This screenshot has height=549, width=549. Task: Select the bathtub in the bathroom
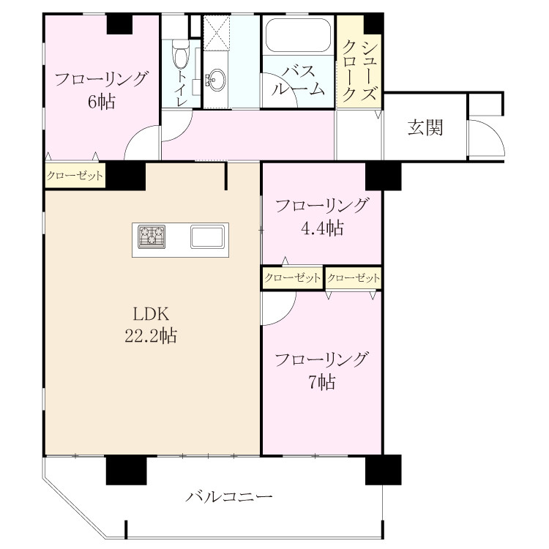pos(298,35)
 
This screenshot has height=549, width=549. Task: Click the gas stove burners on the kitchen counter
pos(152,236)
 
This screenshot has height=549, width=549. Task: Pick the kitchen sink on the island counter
pos(208,236)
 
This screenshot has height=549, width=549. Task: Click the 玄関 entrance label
pos(425,127)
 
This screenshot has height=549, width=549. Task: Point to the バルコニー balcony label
pos(229,496)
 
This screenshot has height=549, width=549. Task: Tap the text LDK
pos(152,314)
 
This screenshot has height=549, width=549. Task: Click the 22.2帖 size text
pos(151,336)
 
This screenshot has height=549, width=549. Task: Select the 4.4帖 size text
pos(322,228)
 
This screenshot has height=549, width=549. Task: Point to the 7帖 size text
pos(322,382)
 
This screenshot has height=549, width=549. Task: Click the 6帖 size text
pos(101,102)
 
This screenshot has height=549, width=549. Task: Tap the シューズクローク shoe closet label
pos(360,70)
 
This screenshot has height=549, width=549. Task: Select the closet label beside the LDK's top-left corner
pos(75,176)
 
